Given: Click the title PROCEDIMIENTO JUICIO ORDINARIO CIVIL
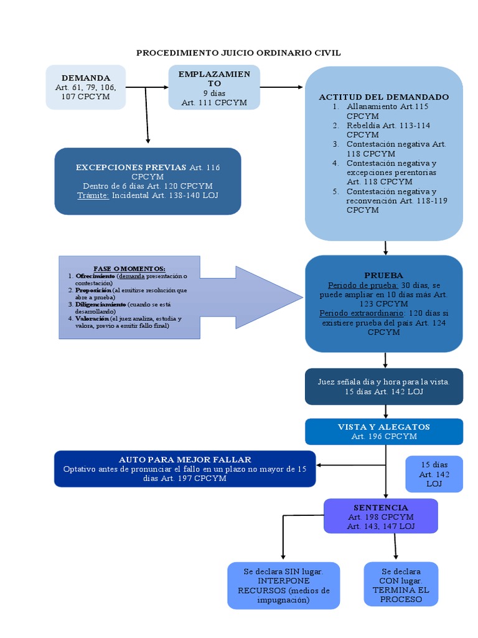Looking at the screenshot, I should pyautogui.click(x=238, y=53).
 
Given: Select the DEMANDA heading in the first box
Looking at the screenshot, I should pyautogui.click(x=86, y=78).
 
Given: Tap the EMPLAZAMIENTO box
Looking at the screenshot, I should pyautogui.click(x=214, y=88).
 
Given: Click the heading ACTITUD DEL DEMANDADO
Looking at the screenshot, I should pyautogui.click(x=383, y=97).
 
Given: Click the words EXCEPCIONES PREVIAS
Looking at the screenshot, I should pyautogui.click(x=131, y=168).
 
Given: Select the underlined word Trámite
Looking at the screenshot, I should pyautogui.click(x=93, y=195).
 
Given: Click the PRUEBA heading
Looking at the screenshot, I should pyautogui.click(x=383, y=275).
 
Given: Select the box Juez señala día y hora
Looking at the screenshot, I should pyautogui.click(x=383, y=386).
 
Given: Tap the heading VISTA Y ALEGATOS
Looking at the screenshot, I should pyautogui.click(x=383, y=427).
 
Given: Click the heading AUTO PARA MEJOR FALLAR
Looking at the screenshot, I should pyautogui.click(x=185, y=459).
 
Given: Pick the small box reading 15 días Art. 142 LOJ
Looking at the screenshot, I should pyautogui.click(x=434, y=474).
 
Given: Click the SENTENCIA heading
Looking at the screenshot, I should pyautogui.click(x=380, y=508).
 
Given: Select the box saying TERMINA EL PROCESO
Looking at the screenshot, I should pyautogui.click(x=401, y=584).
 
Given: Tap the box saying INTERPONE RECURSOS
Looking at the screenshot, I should pyautogui.click(x=283, y=585).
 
